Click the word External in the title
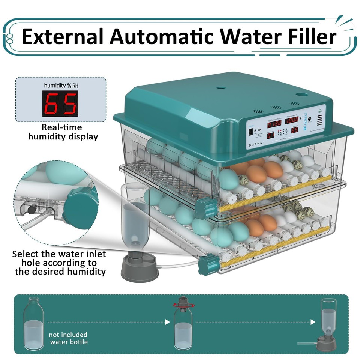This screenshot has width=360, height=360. coord(61,37)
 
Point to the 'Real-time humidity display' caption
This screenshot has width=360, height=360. coord(63,132)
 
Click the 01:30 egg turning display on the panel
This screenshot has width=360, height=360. coord(274,123)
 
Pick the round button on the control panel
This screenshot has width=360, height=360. coord(310,119)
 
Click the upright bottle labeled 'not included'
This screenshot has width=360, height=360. coord(33,322)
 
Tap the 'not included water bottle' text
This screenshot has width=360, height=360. coord(69,338)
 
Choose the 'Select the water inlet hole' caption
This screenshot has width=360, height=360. coord(59,262)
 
